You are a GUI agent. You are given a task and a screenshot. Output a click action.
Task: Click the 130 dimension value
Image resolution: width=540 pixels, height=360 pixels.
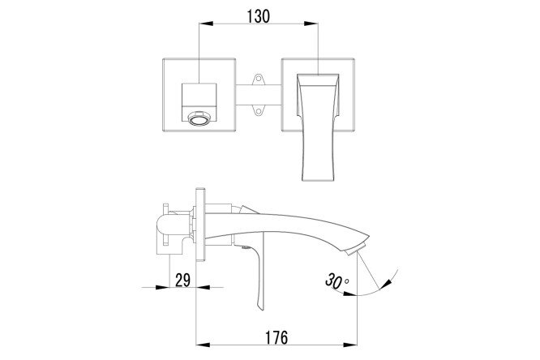(259, 16)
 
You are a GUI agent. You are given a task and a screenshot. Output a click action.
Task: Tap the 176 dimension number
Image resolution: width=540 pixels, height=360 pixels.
(276, 337)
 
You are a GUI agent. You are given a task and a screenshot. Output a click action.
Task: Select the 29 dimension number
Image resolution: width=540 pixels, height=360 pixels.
(182, 280)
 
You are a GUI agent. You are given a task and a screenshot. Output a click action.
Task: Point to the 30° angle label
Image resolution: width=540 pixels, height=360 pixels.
(336, 281)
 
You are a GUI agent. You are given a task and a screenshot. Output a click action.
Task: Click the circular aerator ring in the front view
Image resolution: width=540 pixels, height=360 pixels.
(198, 119)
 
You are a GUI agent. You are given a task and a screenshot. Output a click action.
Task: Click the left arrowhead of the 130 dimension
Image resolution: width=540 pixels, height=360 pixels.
(206, 24)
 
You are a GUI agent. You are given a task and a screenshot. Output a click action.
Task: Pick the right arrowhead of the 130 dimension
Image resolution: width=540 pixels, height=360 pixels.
(311, 24)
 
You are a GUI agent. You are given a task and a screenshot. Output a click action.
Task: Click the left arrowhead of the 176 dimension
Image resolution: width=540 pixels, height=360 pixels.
(203, 345)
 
